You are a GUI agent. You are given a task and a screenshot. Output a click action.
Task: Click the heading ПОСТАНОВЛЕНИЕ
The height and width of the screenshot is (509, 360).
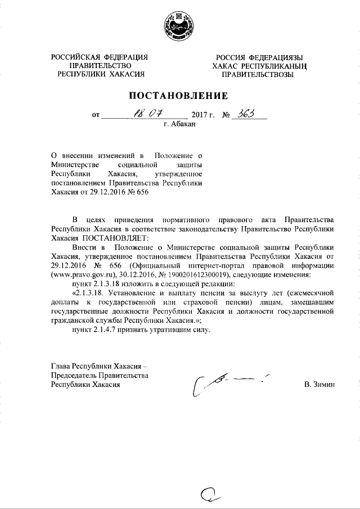coord(179,95)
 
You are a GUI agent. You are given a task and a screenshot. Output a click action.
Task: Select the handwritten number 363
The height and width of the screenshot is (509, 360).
coord(246,115)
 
